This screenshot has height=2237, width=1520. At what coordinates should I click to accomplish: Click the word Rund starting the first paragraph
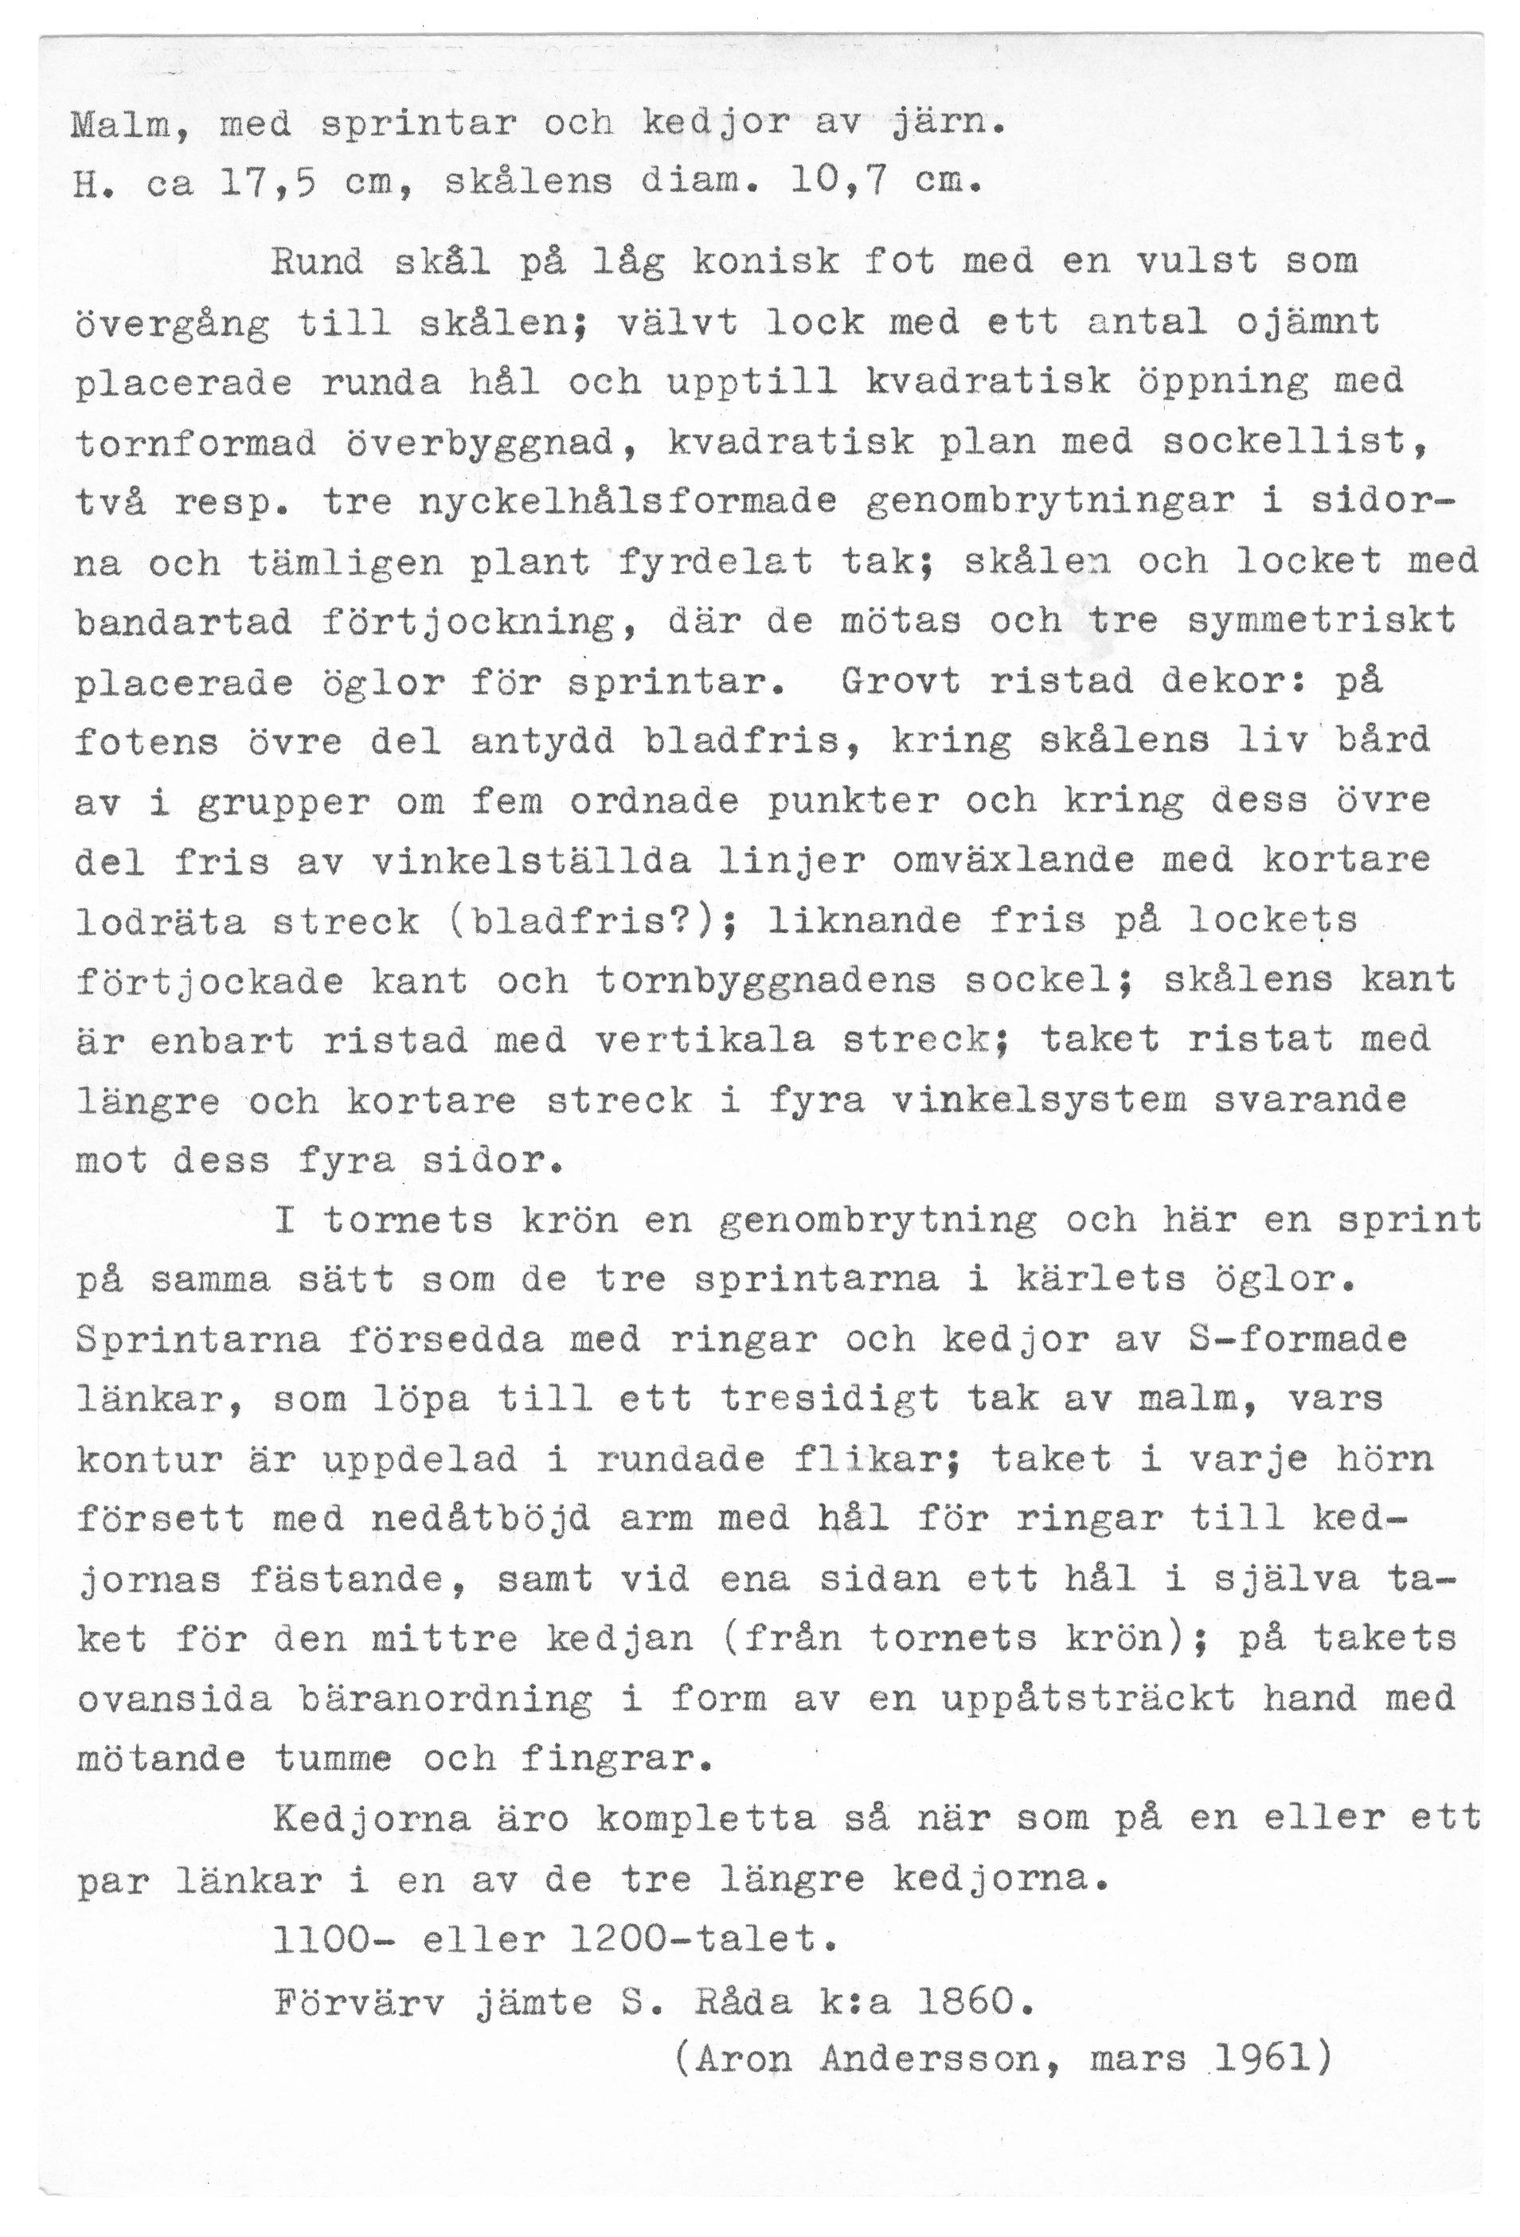tap(318, 262)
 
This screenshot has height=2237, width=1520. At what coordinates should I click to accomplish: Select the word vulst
tap(1197, 262)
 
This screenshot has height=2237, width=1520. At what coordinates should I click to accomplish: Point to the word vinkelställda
tap(530, 861)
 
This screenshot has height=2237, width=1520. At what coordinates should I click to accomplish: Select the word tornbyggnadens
tap(765, 981)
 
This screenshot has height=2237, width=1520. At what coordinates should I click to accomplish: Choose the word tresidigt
tap(829, 1400)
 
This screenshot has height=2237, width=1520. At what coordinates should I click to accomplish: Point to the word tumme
tap(333, 1759)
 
